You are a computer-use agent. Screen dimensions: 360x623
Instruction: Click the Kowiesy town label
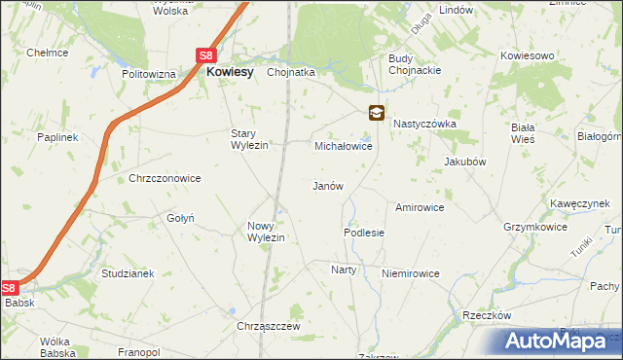229,71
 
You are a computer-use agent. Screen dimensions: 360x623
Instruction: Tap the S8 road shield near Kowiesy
207,56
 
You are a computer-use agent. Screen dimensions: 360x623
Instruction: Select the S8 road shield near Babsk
10,288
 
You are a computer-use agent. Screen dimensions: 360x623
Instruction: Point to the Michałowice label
343,146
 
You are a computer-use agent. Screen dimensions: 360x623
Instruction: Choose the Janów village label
327,186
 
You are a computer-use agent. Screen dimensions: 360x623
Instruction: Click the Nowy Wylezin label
265,232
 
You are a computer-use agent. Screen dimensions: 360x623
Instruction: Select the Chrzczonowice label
165,179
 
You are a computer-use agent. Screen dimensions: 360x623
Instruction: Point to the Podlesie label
364,234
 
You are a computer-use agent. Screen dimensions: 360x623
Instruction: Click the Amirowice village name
420,207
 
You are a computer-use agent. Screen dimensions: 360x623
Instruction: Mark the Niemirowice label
411,274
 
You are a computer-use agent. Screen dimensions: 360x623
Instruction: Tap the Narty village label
344,270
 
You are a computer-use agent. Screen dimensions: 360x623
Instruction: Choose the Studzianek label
128,273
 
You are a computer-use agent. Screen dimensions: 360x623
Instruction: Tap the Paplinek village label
57,138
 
